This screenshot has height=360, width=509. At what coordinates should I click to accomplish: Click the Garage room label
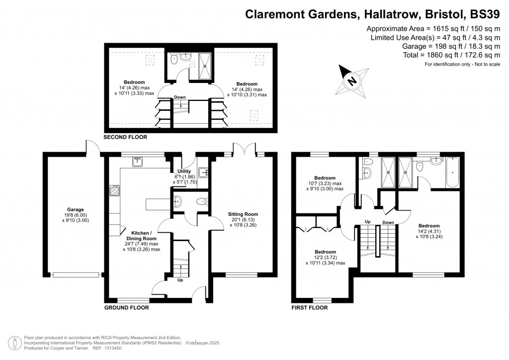tap(76, 209)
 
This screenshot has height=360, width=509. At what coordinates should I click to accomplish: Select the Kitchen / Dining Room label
tap(145, 235)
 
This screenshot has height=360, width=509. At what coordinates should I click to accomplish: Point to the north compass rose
tap(351, 80)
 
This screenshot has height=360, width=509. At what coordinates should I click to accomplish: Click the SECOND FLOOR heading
tap(125, 137)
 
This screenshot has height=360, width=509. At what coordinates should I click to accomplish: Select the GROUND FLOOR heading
tap(126, 307)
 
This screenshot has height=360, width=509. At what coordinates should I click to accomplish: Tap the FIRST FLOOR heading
tap(309, 307)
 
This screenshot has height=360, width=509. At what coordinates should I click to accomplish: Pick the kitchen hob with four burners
tap(114, 190)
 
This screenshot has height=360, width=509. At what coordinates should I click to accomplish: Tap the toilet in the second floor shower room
tap(172, 60)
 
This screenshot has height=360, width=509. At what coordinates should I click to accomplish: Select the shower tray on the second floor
tap(205, 66)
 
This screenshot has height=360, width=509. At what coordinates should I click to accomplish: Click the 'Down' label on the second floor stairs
tap(180, 97)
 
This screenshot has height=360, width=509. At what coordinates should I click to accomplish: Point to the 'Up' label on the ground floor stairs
tap(180, 280)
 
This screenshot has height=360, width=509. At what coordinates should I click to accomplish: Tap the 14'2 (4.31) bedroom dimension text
tap(428, 231)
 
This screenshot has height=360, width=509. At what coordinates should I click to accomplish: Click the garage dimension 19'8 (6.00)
tap(76, 215)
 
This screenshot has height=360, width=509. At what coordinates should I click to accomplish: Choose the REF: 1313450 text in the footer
tap(113, 348)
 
